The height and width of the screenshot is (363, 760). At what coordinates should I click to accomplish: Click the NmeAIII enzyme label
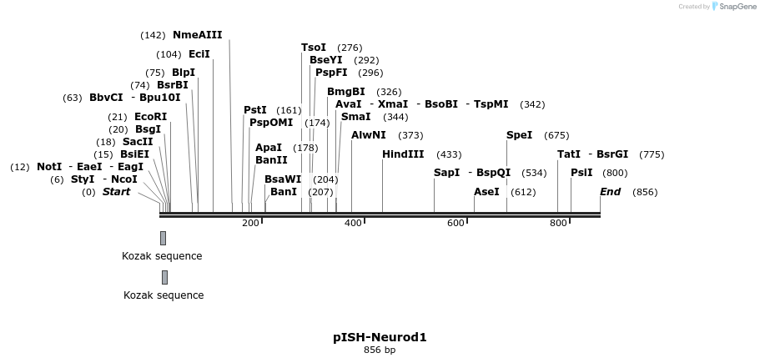point(197,35)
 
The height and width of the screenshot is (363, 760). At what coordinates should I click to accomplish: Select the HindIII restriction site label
point(403,154)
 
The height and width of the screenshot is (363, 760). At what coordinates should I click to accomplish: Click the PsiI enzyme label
point(581,173)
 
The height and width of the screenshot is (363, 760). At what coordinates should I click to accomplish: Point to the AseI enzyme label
point(486,192)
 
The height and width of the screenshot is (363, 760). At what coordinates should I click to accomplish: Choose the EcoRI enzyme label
point(150,117)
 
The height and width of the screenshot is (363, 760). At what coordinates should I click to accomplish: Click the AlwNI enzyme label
point(368,135)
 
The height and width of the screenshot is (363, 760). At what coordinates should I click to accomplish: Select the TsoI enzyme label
point(314,48)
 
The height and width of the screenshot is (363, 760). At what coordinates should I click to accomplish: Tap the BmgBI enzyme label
point(345,92)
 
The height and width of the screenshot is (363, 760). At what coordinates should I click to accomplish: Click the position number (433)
point(449,154)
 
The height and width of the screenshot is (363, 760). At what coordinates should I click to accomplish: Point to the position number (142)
point(153,35)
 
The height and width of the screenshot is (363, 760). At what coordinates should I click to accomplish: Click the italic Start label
point(116,192)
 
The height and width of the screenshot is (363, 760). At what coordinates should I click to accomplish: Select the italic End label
point(610,192)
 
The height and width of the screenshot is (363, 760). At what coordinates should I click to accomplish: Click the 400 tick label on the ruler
point(353,223)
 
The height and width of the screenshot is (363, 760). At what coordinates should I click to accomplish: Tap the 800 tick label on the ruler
point(558,223)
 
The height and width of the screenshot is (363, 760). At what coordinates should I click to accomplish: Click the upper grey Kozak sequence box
point(163,238)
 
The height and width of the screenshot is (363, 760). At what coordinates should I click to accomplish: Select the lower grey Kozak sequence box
point(164,277)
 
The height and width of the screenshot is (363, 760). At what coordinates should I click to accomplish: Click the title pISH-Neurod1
point(380,337)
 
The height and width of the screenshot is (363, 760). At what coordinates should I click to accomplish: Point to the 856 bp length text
point(380,350)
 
